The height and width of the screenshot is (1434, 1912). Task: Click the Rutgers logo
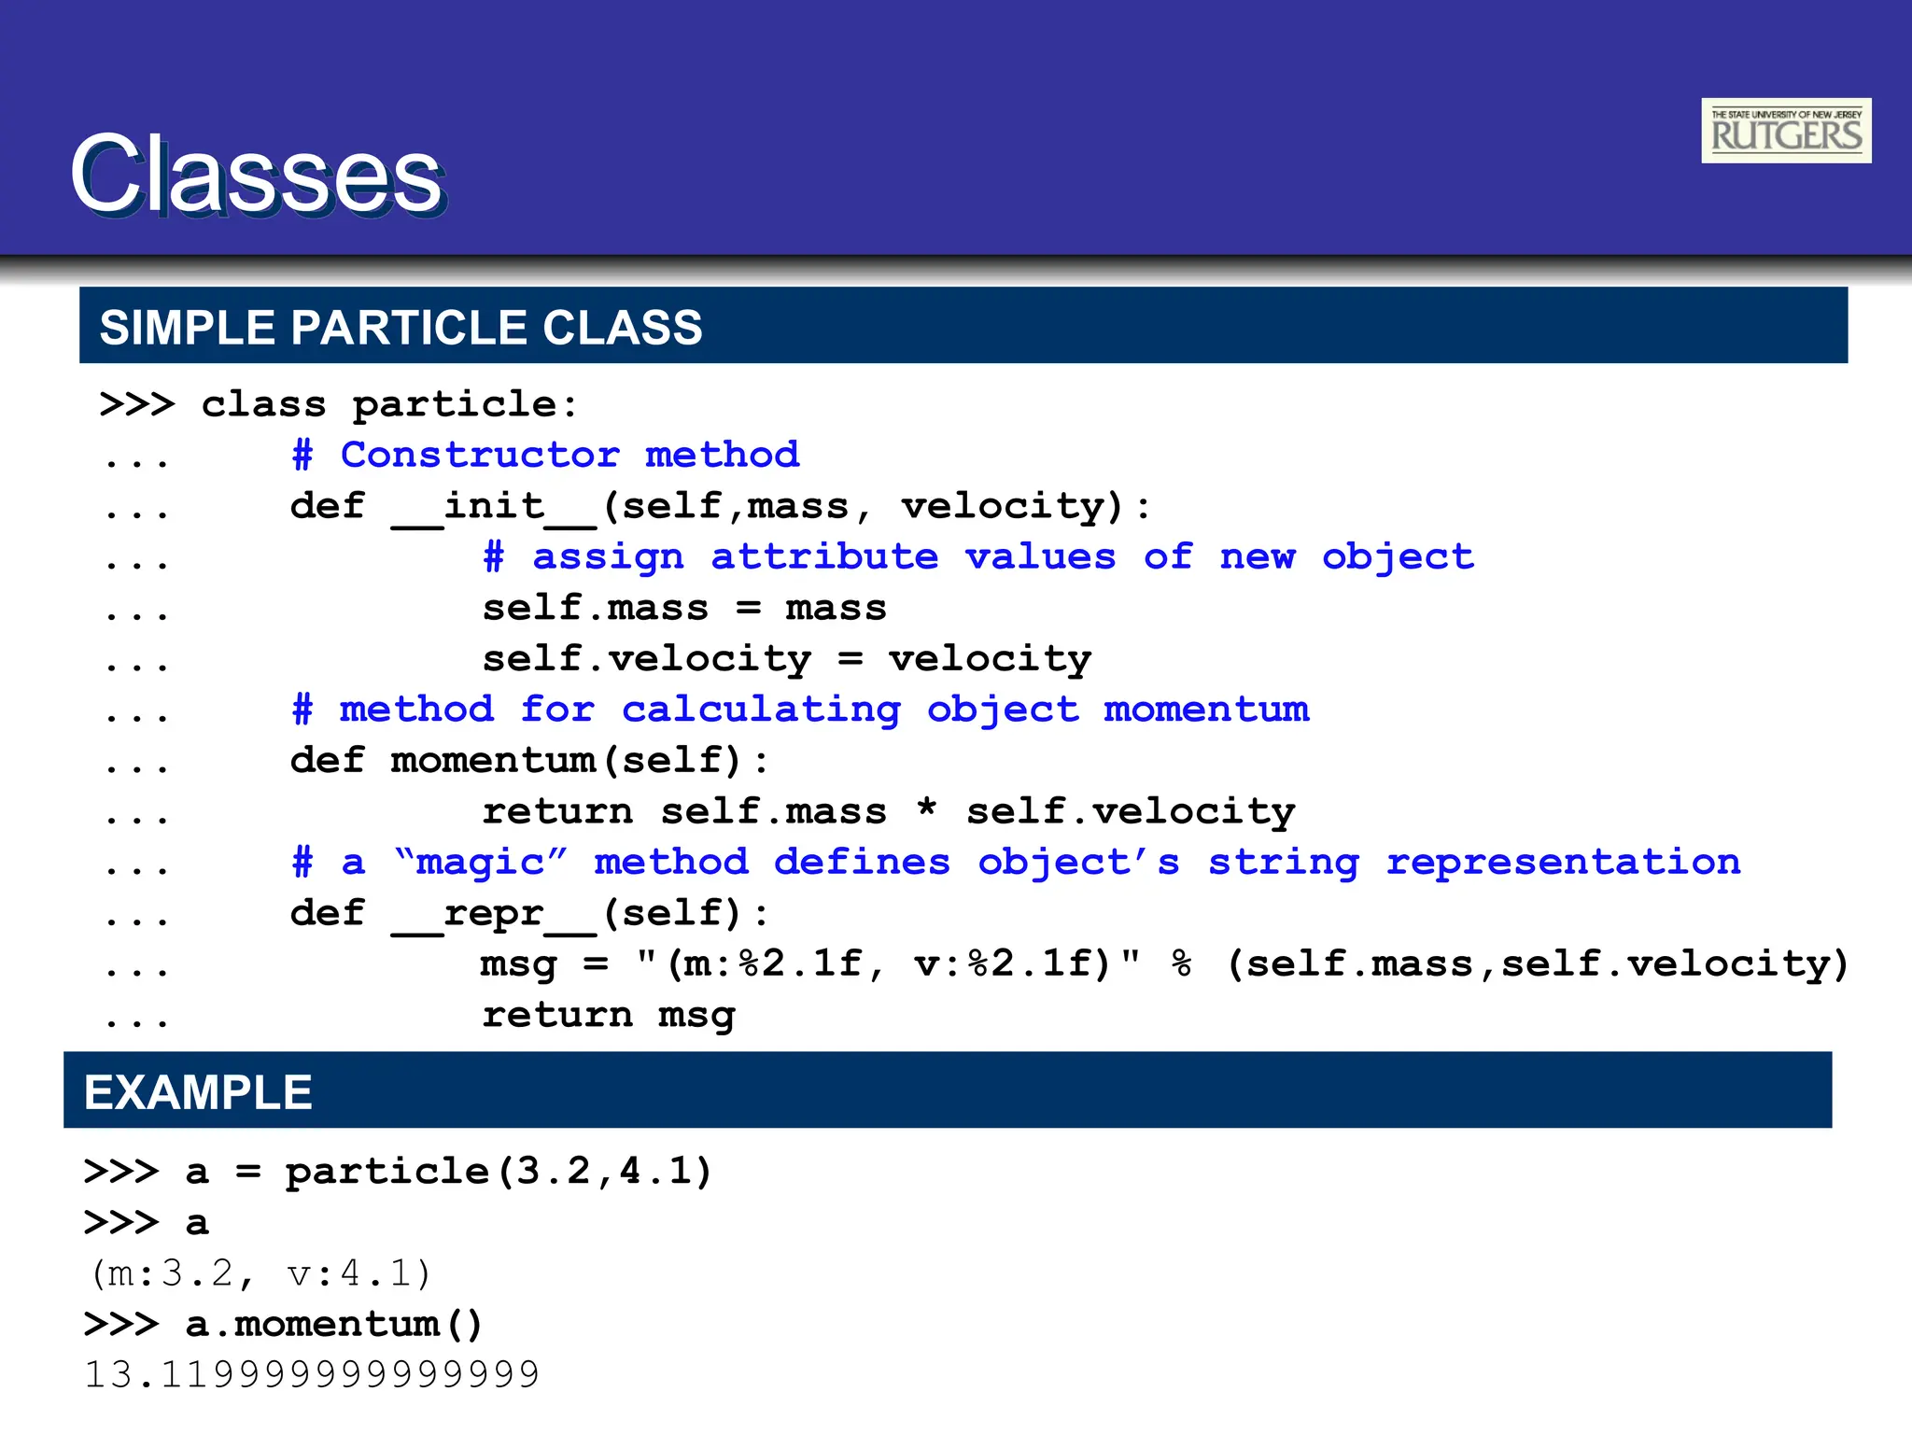(1785, 131)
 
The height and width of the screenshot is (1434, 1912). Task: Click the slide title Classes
(257, 176)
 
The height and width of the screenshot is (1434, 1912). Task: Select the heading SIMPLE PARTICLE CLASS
(401, 328)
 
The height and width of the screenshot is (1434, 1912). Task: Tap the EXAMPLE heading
(198, 1091)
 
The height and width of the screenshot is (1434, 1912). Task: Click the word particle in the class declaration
(464, 405)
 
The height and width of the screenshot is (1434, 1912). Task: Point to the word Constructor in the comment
(480, 456)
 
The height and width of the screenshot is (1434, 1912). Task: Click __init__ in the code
(494, 507)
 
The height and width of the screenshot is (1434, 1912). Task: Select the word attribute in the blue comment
(823, 557)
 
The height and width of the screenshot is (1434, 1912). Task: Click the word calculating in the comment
(761, 710)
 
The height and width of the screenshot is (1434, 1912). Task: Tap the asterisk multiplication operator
(926, 808)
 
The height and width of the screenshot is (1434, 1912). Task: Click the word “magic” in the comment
(480, 862)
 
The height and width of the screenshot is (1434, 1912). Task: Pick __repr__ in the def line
(494, 914)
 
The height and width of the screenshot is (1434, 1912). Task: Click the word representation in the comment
(1563, 862)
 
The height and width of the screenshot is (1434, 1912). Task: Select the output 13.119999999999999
(312, 1374)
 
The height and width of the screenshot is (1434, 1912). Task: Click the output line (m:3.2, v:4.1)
(259, 1273)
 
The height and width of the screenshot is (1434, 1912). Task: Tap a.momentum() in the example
(333, 1324)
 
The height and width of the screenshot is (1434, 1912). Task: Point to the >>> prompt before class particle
(136, 405)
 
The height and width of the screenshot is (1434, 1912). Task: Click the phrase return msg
(609, 1016)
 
